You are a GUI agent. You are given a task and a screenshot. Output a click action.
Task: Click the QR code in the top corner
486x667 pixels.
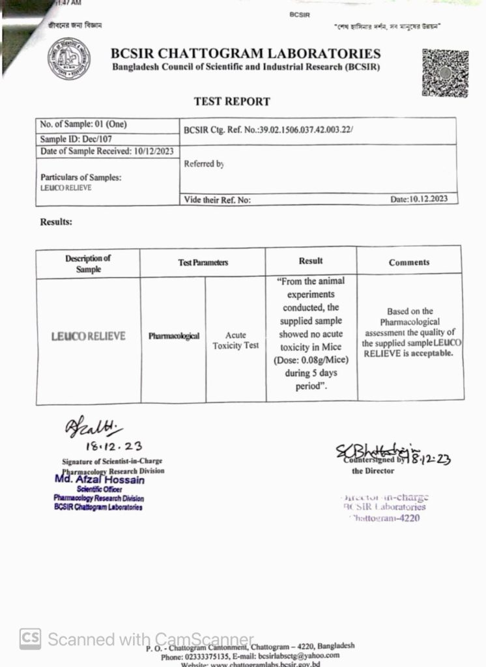(445, 74)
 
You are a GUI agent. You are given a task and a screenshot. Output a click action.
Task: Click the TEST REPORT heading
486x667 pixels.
(232, 102)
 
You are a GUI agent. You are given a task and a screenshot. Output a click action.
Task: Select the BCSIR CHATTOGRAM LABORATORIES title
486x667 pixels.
(246, 54)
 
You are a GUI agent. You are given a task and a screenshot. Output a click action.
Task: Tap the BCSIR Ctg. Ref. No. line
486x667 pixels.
(268, 130)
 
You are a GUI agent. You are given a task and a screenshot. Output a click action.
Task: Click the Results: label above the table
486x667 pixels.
(56, 221)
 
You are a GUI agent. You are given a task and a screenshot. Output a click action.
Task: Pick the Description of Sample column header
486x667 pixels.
(88, 263)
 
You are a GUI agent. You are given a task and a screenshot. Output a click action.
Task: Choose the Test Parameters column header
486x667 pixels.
(203, 263)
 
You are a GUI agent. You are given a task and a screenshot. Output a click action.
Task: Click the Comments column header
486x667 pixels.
(409, 263)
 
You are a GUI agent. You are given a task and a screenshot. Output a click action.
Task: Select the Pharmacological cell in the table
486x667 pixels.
(173, 337)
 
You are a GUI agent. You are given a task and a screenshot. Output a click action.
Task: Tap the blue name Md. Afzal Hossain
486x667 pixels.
(100, 480)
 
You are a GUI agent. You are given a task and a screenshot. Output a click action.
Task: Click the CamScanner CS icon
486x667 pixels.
(30, 638)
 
